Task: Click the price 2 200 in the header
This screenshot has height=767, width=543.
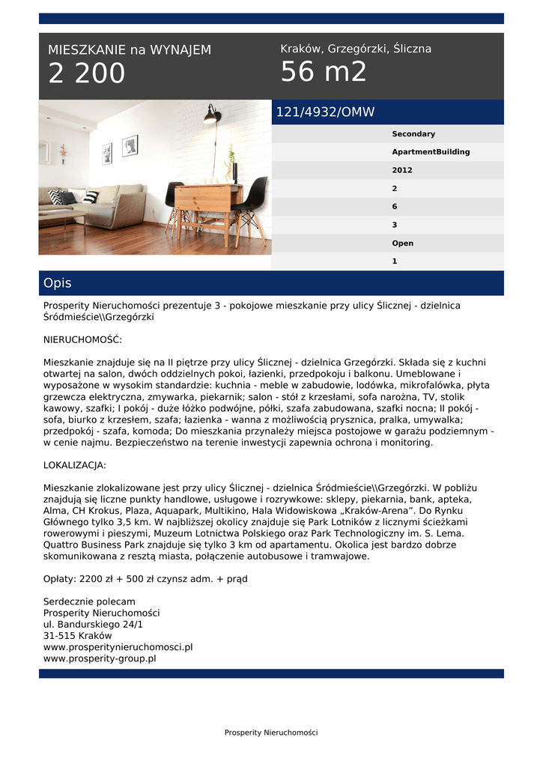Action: point(87,74)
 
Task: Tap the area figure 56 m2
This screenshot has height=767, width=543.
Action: point(324,73)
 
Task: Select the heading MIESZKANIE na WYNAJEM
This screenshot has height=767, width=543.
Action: point(130,50)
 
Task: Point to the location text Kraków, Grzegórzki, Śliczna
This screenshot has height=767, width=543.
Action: point(356,49)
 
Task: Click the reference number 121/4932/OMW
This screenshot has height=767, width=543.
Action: point(325,112)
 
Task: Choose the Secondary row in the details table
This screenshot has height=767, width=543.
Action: point(413,134)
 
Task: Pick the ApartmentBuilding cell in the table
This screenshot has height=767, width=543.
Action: point(431,152)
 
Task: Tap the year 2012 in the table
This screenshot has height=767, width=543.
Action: point(402,170)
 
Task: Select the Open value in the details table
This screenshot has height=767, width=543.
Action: point(402,243)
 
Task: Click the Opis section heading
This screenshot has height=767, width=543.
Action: point(58,283)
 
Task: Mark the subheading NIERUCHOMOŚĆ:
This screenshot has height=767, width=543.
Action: point(82,339)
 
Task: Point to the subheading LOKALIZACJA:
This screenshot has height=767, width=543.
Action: point(75,465)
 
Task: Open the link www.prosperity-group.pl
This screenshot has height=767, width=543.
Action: point(100,658)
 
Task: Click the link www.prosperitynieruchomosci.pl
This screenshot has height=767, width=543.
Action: point(118,647)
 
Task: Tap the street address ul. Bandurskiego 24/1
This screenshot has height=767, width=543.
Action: point(93,624)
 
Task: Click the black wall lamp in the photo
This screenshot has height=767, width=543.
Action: point(212,114)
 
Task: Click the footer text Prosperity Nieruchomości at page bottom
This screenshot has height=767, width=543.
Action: point(271,733)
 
